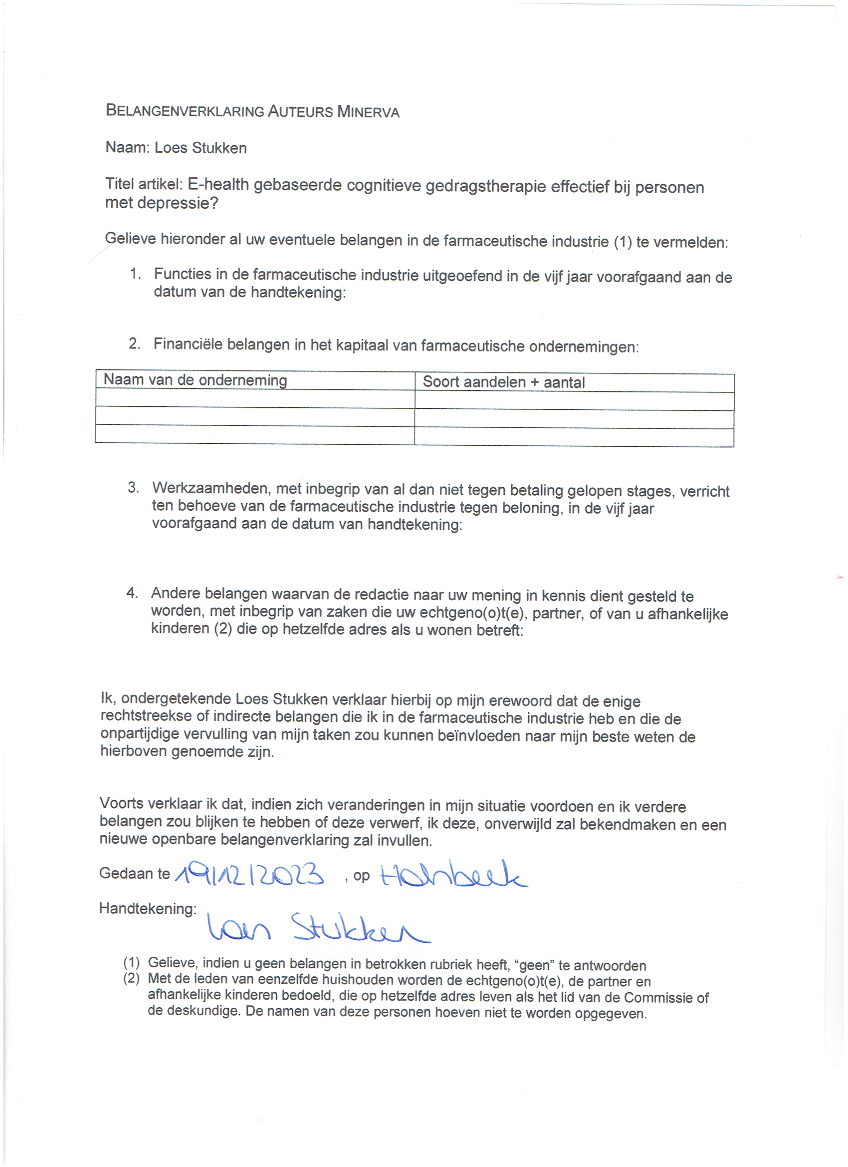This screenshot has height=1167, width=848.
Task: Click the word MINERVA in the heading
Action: point(368,112)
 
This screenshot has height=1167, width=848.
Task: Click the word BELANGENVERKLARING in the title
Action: point(185,111)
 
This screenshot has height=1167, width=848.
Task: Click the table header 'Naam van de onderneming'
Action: point(196,380)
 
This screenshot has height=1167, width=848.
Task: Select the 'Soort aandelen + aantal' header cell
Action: point(503,382)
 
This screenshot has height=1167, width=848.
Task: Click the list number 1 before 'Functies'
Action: point(135,274)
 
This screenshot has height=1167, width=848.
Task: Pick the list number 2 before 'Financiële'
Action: point(134,344)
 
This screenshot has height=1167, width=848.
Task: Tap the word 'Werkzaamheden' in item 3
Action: point(213,488)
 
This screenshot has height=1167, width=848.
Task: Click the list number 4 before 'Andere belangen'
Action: point(132,593)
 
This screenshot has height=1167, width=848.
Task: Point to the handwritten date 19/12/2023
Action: point(249,874)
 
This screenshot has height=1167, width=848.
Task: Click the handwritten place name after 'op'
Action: point(453,874)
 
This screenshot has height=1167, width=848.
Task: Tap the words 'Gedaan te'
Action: point(134,873)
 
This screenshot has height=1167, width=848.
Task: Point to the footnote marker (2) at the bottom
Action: point(131,978)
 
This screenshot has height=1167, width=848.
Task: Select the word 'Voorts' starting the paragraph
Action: point(121,804)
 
